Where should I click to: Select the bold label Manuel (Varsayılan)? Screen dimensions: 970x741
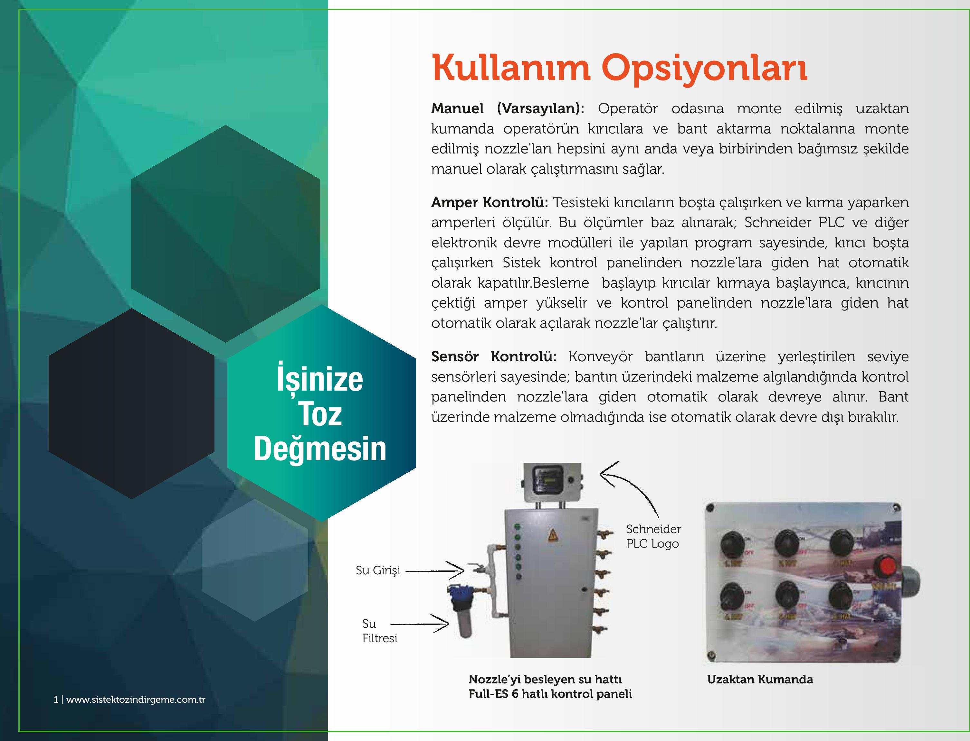click(x=508, y=108)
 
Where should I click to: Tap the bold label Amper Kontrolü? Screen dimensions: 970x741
click(x=490, y=202)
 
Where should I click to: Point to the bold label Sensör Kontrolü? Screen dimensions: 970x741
click(x=494, y=357)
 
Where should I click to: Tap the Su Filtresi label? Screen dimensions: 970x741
click(x=380, y=631)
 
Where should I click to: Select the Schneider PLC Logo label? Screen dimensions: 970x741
click(x=653, y=536)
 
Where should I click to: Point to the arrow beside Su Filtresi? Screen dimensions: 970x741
click(x=420, y=624)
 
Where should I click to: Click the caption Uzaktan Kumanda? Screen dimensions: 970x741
click(x=760, y=679)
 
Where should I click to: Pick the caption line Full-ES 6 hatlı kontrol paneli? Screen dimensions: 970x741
click(x=550, y=694)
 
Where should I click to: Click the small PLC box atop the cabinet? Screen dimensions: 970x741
click(x=552, y=483)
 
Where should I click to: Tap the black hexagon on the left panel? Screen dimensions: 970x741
click(x=132, y=403)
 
